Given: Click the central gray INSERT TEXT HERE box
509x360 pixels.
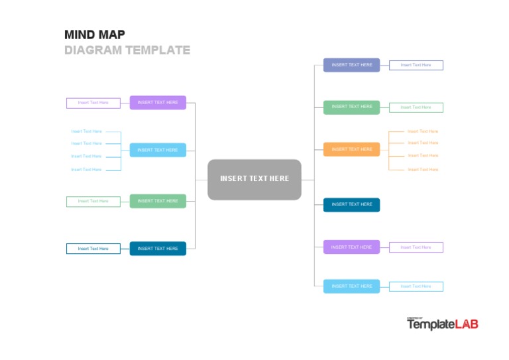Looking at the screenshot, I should pos(254,179).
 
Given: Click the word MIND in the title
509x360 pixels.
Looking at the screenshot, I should pos(80,34).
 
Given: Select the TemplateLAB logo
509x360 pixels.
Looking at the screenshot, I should pos(442,324).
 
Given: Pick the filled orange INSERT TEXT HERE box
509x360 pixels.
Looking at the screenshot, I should pos(351,149).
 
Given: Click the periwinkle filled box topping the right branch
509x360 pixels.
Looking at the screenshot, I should pos(351,65).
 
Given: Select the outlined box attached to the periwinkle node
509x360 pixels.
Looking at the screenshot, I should pos(416,65).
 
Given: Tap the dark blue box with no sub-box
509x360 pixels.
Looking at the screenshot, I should pos(351,205).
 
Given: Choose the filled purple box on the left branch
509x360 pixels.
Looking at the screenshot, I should pos(158,103).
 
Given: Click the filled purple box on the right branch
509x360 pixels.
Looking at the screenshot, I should pos(351,247).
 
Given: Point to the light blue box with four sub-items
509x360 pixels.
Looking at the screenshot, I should pos(158,150).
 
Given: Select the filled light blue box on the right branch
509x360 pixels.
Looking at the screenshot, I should pos(351,286).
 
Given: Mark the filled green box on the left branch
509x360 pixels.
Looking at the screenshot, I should pos(158,201).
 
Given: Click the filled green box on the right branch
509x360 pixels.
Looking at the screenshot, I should pos(351,107).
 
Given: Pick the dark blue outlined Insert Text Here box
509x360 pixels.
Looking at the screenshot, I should pos(93,249).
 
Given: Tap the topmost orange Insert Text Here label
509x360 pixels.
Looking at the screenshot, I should pos(422,131).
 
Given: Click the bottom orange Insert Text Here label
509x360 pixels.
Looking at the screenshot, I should pos(422,170).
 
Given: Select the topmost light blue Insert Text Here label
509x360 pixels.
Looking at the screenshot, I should pos(87,131).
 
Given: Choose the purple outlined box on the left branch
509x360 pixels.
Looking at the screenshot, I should pos(93,103).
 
